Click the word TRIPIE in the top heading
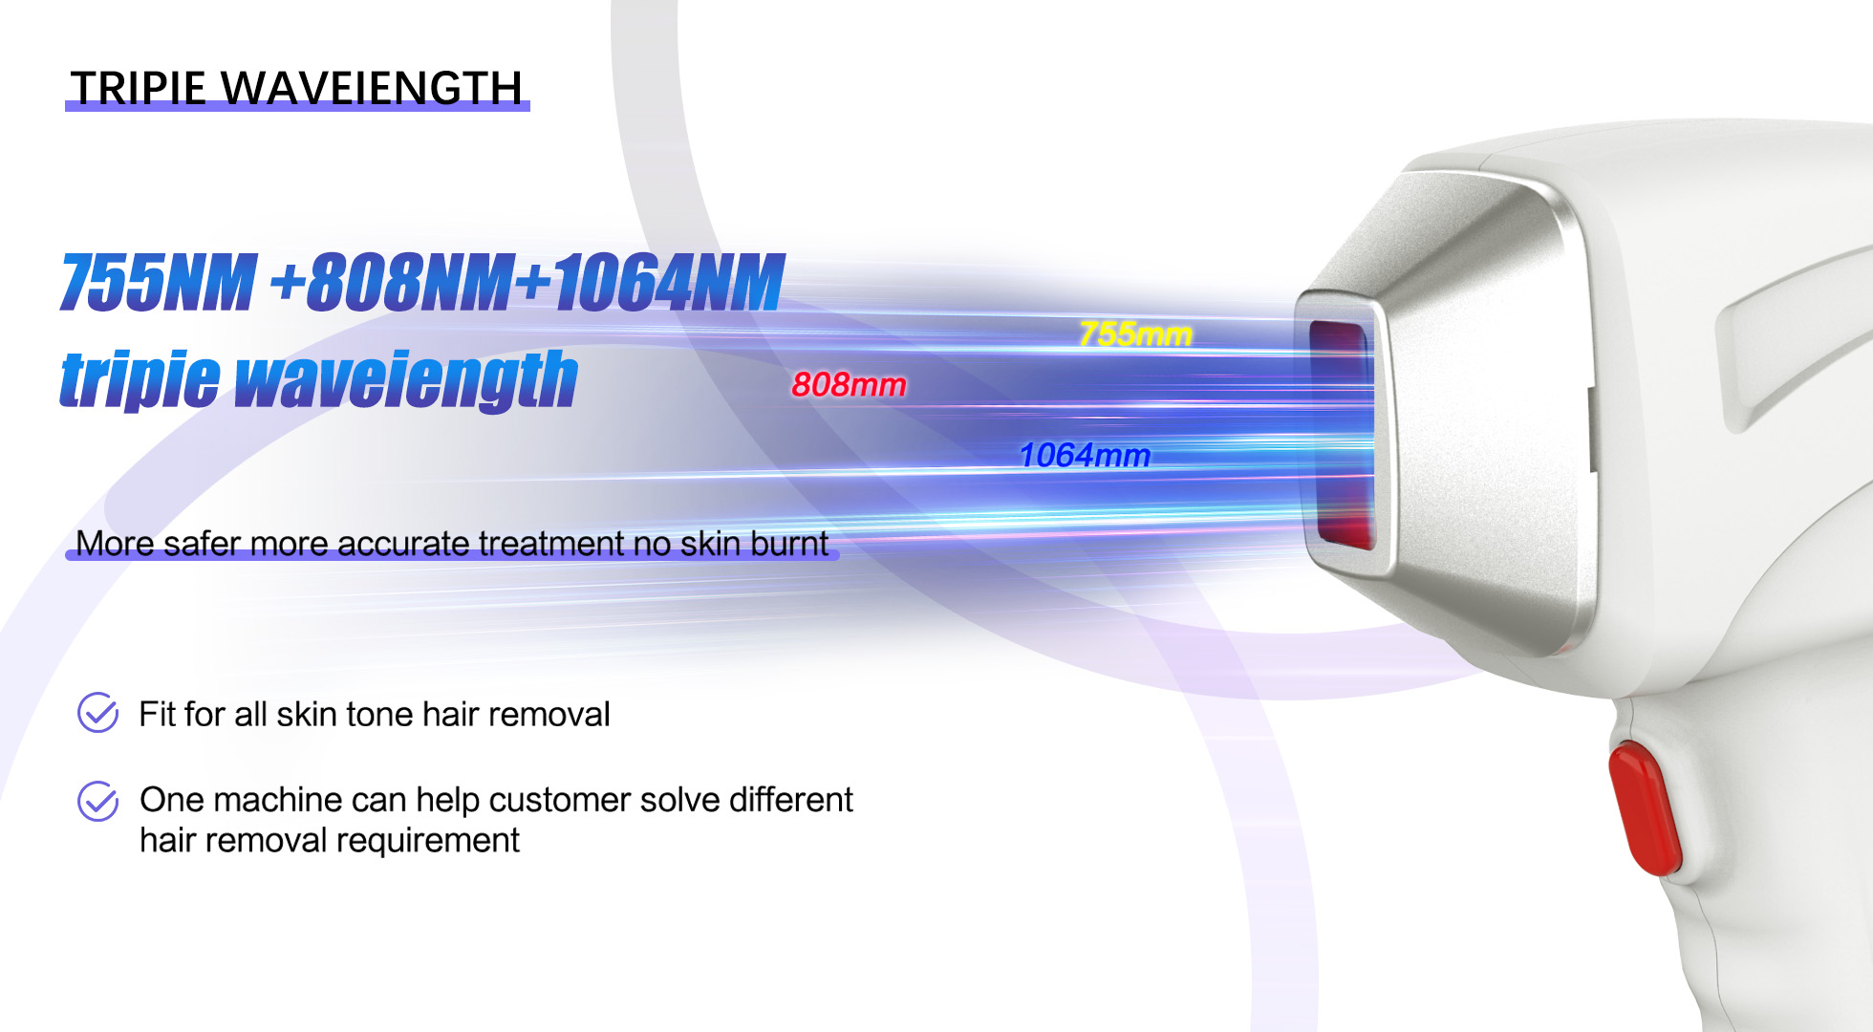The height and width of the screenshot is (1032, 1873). click(138, 89)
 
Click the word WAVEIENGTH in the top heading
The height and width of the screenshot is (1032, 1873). click(373, 89)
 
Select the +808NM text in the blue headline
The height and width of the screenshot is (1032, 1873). click(392, 283)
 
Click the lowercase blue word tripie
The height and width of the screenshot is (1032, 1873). click(140, 380)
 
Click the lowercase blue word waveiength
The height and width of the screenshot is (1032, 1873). click(406, 380)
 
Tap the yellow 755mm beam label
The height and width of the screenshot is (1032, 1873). click(1135, 334)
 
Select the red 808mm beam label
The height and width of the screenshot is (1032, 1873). click(849, 385)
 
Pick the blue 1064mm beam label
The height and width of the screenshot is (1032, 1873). click(1085, 456)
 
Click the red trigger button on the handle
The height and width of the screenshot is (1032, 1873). click(1644, 808)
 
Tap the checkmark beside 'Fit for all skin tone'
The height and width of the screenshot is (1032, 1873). click(97, 713)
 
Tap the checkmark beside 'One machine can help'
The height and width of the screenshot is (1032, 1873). click(97, 801)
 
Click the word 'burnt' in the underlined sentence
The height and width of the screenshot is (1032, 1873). click(789, 544)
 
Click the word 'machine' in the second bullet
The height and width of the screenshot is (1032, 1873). click(277, 800)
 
